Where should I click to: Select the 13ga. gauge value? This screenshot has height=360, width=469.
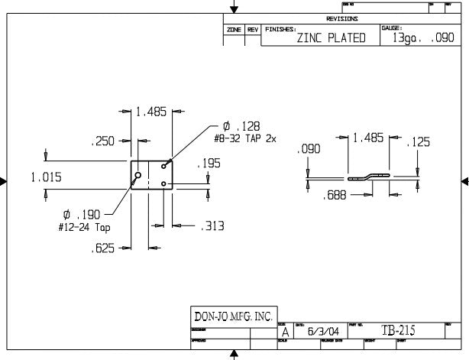click(x=410, y=38)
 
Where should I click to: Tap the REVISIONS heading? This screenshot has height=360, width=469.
click(x=341, y=18)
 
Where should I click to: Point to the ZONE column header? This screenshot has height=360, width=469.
click(x=234, y=29)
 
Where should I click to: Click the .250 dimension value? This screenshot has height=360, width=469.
click(x=102, y=141)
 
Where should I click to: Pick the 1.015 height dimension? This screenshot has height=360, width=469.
click(x=47, y=177)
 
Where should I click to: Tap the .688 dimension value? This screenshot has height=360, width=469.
click(x=334, y=196)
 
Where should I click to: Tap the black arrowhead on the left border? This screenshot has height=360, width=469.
click(x=5, y=181)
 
